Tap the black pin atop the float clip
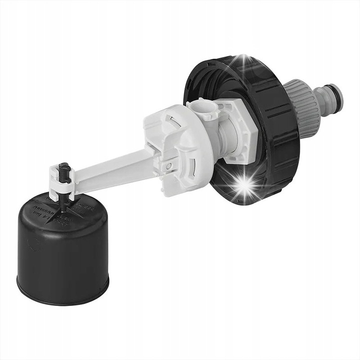pyautogui.click(x=63, y=173)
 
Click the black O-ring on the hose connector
pyautogui.click(x=325, y=95)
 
